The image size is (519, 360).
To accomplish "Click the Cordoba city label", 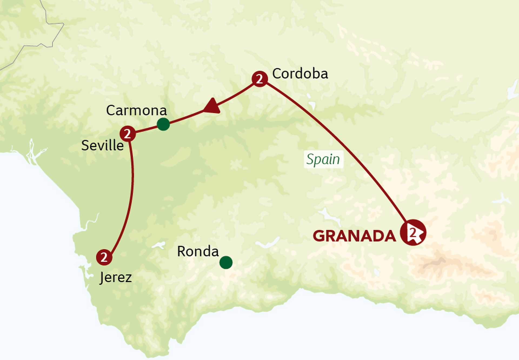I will (x=300, y=74).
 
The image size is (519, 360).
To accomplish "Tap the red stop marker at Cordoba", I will (x=259, y=79).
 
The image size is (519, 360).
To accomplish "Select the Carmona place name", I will (x=136, y=110).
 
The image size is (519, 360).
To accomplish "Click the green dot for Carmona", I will (x=163, y=124).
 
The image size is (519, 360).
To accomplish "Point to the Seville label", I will (x=102, y=146).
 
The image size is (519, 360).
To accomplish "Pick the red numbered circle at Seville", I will (x=128, y=133).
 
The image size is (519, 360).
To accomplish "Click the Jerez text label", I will (x=116, y=277).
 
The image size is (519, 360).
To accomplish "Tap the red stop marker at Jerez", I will (x=104, y=257).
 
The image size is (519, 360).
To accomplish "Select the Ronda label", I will (x=198, y=252).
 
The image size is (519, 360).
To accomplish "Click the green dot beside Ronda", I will (x=226, y=263).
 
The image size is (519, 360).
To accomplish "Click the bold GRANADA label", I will (x=354, y=236).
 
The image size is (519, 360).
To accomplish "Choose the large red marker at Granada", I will (x=413, y=233).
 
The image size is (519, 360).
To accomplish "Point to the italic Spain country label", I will (x=323, y=159).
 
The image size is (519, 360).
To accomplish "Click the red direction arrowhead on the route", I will (x=212, y=106).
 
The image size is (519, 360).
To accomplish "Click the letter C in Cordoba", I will (x=277, y=74).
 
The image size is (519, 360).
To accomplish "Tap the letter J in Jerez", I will (x=102, y=278).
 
